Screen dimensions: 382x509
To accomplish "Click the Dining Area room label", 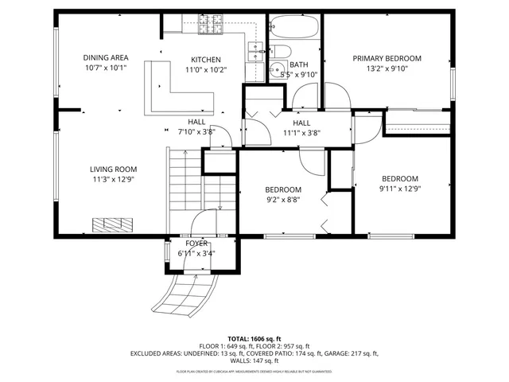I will (x=106, y=57).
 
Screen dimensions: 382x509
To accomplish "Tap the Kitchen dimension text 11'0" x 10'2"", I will (x=206, y=69).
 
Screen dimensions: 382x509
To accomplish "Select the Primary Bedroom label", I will (x=387, y=58).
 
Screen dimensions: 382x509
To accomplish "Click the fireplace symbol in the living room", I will (x=109, y=224).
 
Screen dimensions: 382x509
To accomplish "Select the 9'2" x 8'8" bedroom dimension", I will (x=282, y=200).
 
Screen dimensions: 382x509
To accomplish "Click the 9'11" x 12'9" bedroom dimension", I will (x=399, y=189).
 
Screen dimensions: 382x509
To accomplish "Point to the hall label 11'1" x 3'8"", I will (x=301, y=134).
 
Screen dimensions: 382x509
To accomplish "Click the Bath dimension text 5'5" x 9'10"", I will (x=299, y=75).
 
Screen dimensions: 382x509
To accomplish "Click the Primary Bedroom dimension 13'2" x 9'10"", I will (x=387, y=68).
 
